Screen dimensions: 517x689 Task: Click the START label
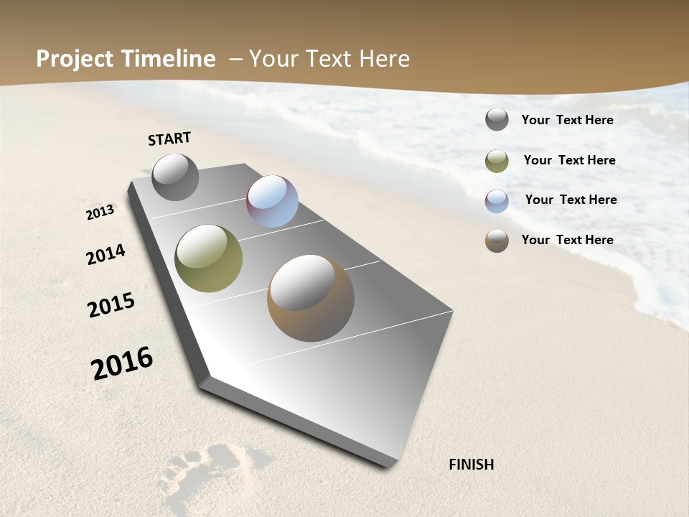coord(169,139)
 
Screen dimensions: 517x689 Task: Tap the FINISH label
coord(471,465)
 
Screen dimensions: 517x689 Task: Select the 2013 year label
coord(100,213)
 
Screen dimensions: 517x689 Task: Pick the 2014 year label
coord(106,254)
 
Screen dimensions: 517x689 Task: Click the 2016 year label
coord(122,363)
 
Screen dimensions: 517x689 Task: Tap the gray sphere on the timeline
coord(175,177)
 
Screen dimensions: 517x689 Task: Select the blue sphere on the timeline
coord(272,201)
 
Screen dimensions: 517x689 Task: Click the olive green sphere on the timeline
coord(208,258)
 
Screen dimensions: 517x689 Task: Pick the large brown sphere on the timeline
coord(311,298)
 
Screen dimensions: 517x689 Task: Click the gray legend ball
coord(497,119)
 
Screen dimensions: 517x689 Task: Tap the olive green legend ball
coord(497,161)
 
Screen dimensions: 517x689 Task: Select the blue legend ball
coord(497,201)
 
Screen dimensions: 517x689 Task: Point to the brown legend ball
coord(497,241)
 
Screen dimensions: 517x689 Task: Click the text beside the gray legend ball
coord(567,120)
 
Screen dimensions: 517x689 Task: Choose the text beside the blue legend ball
coord(571,200)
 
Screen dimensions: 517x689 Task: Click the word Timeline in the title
coord(174,59)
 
